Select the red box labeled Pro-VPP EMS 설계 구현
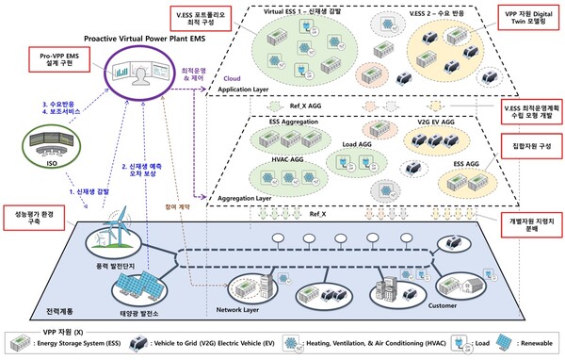coord(52,63)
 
